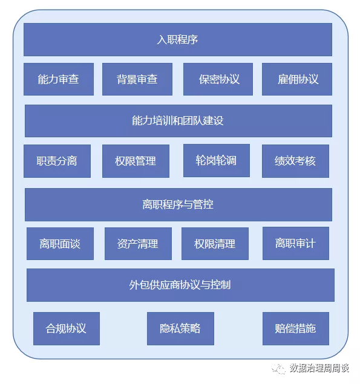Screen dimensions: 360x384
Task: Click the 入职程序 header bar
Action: (x=178, y=40)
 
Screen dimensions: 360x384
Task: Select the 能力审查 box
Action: (x=59, y=79)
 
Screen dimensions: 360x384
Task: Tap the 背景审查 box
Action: (x=137, y=79)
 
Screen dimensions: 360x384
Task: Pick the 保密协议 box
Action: (x=218, y=79)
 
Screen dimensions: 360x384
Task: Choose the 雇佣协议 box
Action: (x=297, y=79)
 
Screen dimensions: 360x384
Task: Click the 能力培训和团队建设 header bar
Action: (x=178, y=121)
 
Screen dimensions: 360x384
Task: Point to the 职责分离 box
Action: (x=57, y=161)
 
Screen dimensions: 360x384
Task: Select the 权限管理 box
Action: (x=136, y=161)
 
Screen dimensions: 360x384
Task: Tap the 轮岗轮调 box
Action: (x=217, y=161)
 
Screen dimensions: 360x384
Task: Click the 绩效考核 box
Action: (x=295, y=161)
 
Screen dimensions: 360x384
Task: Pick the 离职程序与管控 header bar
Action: (x=178, y=205)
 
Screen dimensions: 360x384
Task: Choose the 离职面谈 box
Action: (x=60, y=244)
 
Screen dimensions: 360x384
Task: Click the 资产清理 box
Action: (x=138, y=244)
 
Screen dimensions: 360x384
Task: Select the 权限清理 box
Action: (x=215, y=244)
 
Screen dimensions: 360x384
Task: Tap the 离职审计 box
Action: (x=296, y=244)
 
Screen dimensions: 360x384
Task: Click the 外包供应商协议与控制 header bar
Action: (x=181, y=285)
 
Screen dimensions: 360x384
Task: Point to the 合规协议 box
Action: (x=67, y=328)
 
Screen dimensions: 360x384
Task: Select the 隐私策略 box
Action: (x=181, y=328)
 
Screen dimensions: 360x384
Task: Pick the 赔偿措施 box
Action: (x=296, y=328)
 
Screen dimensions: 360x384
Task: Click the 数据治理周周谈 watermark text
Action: (x=319, y=368)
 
